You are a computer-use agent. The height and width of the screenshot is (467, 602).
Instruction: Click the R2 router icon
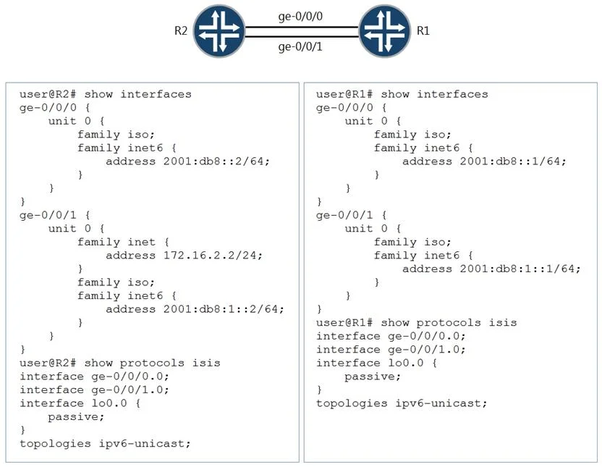click(x=219, y=31)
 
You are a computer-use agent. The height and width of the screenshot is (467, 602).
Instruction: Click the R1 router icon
click(x=385, y=31)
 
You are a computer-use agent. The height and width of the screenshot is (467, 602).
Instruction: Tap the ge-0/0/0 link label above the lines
click(x=300, y=17)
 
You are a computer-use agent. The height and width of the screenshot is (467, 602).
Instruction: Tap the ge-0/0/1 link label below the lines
click(x=300, y=47)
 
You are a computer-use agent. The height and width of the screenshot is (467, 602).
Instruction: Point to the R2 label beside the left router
click(x=181, y=30)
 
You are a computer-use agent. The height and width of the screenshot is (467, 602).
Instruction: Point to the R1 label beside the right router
click(x=423, y=30)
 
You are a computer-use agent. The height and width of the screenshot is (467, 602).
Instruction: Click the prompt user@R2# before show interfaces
click(x=48, y=94)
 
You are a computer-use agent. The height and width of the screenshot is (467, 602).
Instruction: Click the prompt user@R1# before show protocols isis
click(x=344, y=323)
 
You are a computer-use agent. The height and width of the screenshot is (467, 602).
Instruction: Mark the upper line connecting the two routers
click(x=302, y=28)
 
